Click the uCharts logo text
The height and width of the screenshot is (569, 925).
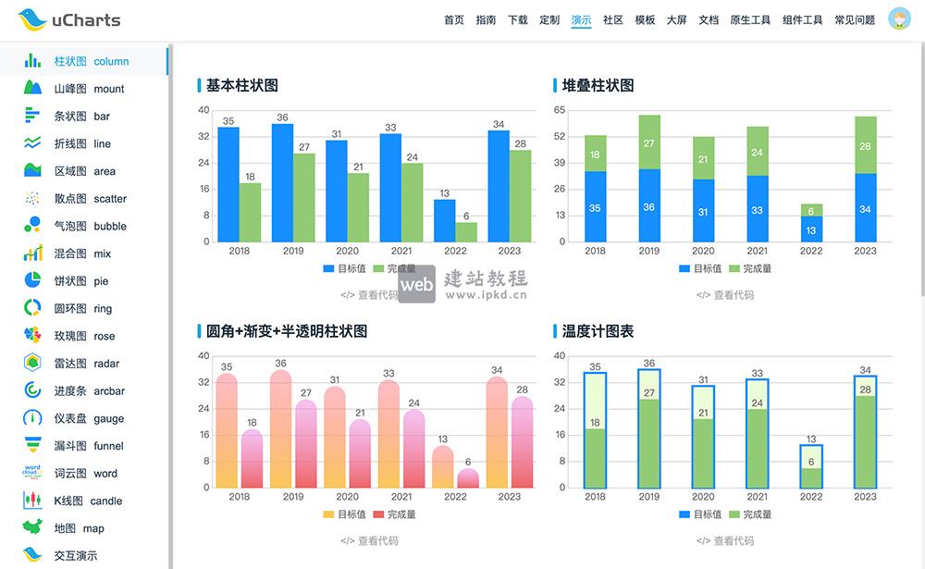[x=86, y=19]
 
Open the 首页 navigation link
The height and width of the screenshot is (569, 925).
[x=454, y=19]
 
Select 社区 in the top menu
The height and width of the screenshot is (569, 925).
[x=612, y=19]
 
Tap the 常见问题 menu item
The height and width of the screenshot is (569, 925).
[x=854, y=19]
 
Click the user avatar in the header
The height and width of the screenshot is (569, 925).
[x=899, y=19]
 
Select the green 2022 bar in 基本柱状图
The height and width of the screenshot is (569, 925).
[x=466, y=231]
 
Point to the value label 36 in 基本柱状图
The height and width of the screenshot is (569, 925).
[x=282, y=118]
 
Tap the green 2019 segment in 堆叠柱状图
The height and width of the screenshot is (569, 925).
[x=648, y=142]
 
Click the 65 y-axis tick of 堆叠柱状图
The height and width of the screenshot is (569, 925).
[x=560, y=110]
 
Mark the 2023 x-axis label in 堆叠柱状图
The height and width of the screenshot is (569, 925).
[x=865, y=251]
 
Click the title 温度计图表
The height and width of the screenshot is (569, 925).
[x=598, y=330]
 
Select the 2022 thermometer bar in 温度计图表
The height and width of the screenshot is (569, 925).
[x=811, y=466]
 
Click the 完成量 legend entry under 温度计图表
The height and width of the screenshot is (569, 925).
[x=750, y=514]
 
